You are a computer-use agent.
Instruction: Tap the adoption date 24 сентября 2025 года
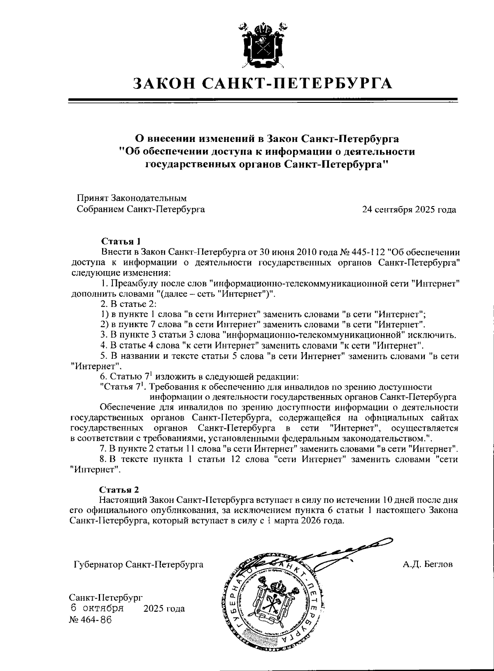tap(409, 210)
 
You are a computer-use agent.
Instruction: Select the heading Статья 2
tap(119, 490)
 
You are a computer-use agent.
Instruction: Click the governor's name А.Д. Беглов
tap(428, 564)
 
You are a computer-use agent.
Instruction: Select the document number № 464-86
tap(91, 620)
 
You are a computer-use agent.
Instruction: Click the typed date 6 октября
tap(97, 608)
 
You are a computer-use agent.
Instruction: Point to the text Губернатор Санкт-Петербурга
tap(138, 564)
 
